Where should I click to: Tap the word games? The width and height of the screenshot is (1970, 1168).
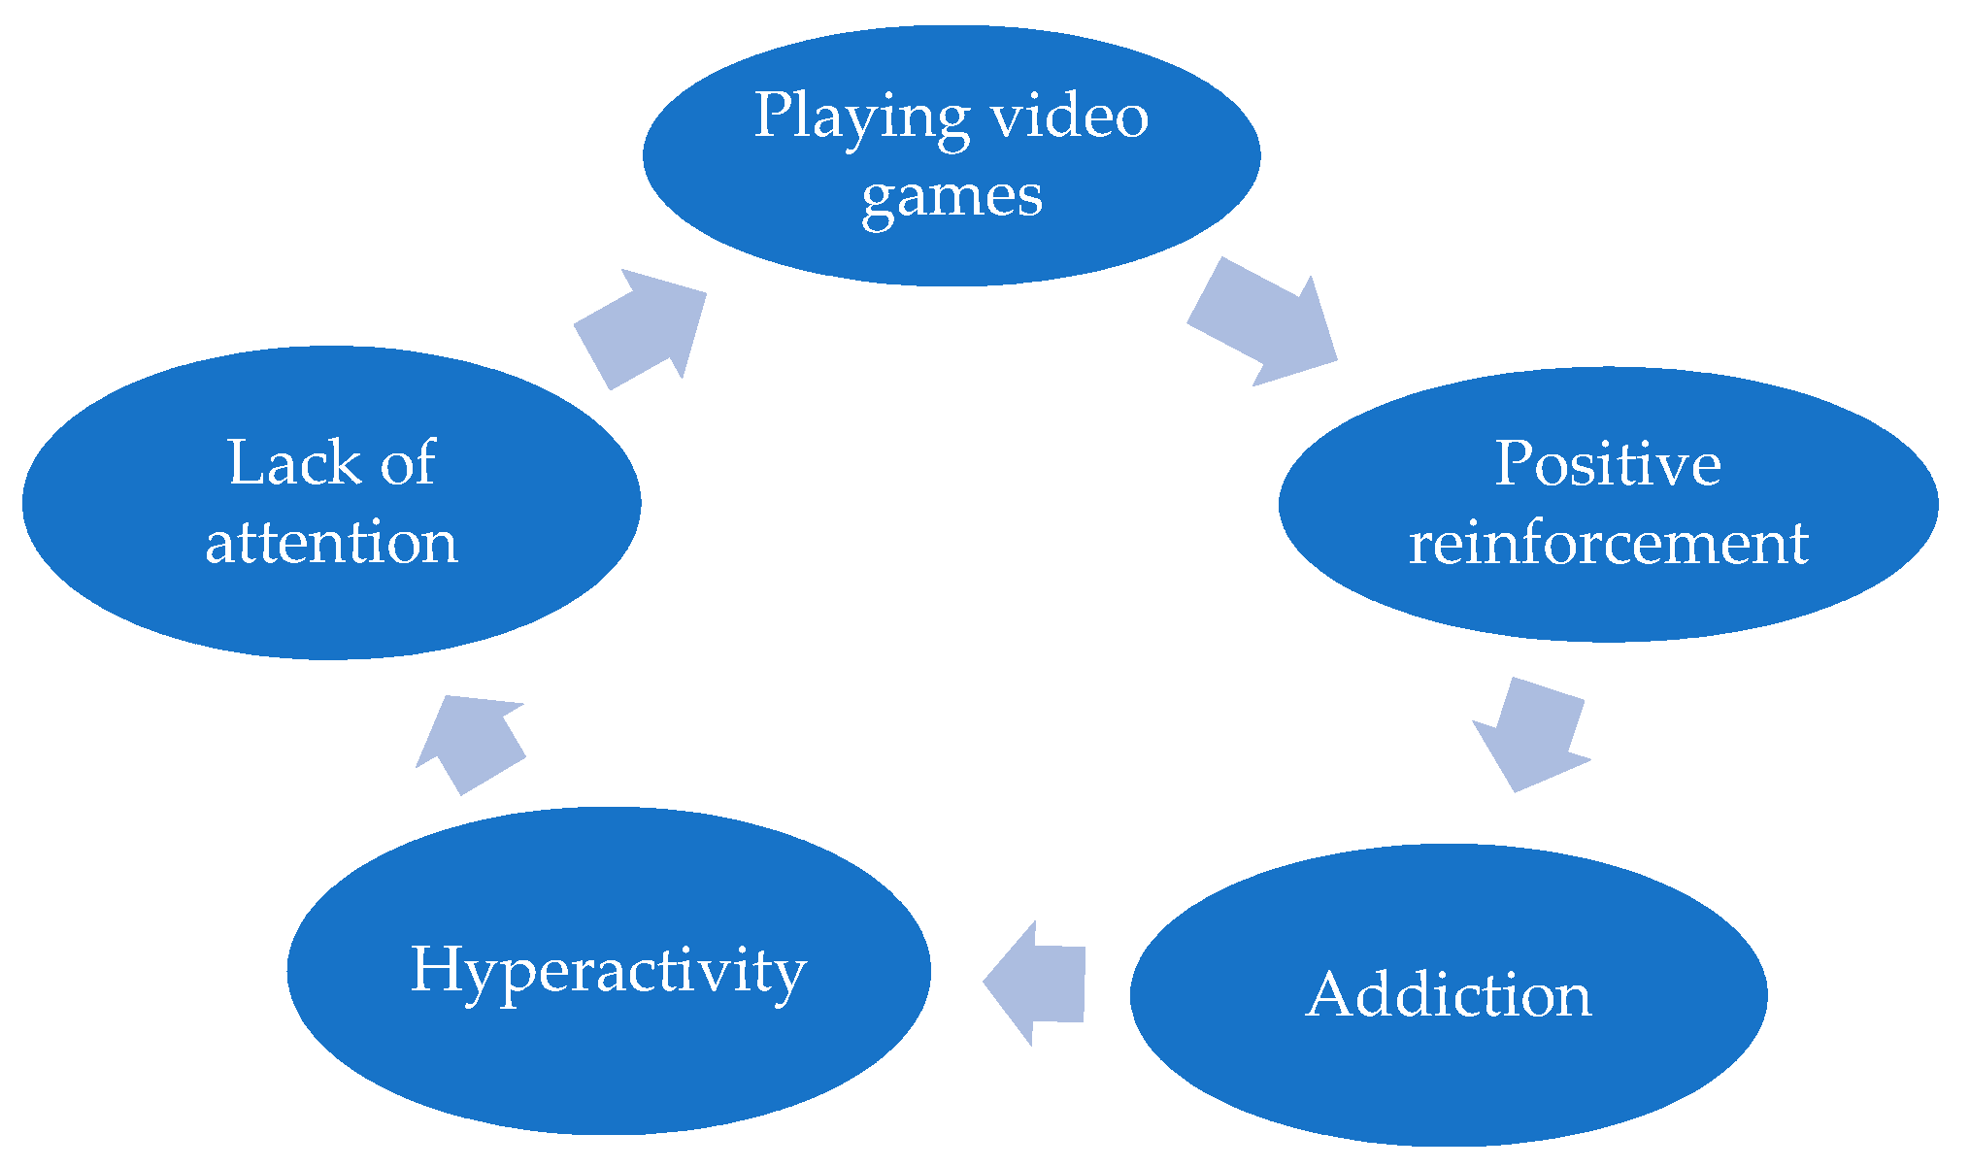(952, 197)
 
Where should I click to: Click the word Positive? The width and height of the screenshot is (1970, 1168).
(1607, 463)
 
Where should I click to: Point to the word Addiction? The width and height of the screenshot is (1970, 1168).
(1449, 994)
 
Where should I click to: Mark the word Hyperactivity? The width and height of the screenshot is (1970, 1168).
(609, 970)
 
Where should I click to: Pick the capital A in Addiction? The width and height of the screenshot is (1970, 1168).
(1331, 994)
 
